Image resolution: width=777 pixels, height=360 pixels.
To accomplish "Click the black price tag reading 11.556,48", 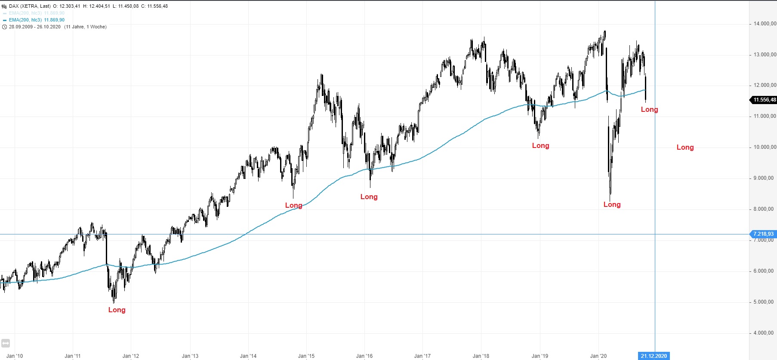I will point(764,100).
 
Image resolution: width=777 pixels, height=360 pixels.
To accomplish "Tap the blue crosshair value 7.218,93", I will point(763,234).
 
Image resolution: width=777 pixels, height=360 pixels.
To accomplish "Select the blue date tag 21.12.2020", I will point(654,356).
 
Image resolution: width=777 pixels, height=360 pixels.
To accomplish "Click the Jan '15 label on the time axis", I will point(306,356).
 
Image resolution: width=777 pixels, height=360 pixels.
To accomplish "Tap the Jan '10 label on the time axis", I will point(15,356).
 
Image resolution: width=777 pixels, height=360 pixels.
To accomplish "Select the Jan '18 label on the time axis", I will point(481,356).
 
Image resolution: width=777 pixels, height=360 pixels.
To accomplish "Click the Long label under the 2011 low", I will point(117,310).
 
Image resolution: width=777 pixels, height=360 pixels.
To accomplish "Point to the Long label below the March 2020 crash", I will point(612,204).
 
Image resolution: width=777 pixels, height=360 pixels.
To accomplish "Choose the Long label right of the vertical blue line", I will point(685,147).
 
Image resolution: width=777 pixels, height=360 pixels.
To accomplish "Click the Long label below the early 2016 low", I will point(369,197).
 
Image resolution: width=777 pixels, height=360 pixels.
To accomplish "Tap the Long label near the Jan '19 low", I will point(540,145).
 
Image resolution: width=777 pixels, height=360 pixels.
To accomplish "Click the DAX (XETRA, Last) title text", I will point(30,6).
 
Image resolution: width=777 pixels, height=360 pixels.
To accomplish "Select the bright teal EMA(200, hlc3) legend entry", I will point(37,20).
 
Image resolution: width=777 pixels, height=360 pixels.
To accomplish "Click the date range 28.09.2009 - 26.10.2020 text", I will point(35,27).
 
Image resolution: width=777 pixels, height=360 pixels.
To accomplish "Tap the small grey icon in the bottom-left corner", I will point(6,343).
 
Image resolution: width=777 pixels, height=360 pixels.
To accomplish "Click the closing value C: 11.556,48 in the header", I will point(154,6).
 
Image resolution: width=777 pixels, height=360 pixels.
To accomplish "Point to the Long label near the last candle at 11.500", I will point(649,109).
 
